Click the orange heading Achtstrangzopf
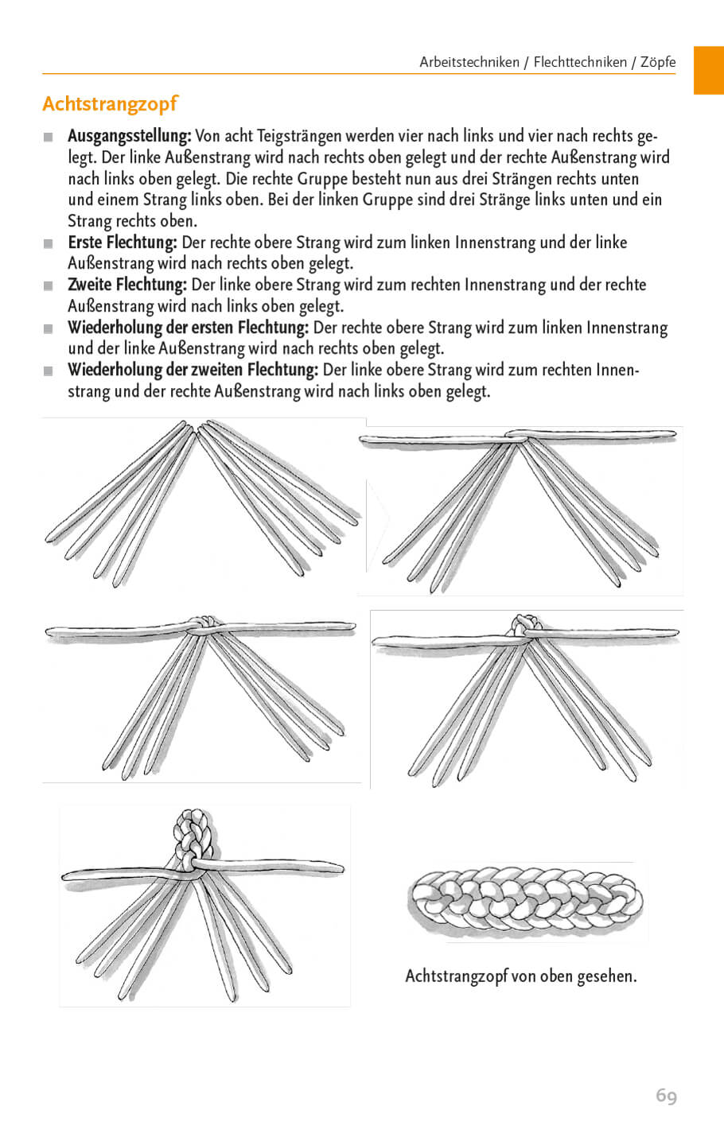coord(110,104)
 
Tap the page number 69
coord(666,1096)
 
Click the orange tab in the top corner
coord(708,70)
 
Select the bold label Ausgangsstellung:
coord(129,137)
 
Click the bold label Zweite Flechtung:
coord(127,285)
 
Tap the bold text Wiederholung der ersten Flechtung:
coord(188,328)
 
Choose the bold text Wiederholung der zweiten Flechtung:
coord(193,370)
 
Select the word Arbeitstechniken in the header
coord(469,62)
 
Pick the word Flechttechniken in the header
coord(580,62)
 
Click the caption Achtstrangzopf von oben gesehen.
coord(520,976)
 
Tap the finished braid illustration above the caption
coord(525,902)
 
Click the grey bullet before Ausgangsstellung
coord(49,138)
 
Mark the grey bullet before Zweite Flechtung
coord(49,285)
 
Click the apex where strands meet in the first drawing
coord(197,430)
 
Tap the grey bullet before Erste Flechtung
coord(49,243)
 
